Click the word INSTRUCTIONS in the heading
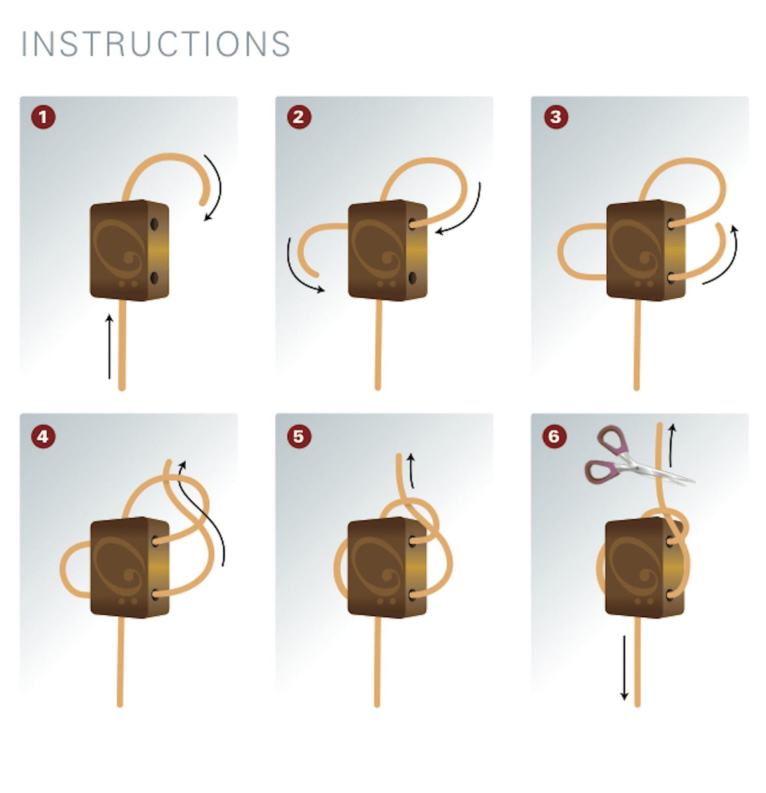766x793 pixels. click(156, 43)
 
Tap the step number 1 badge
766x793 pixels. click(43, 118)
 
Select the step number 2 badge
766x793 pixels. click(299, 118)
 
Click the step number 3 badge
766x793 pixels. click(555, 118)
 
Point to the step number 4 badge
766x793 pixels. click(43, 437)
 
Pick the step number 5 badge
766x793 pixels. click(299, 437)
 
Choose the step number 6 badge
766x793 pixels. click(554, 437)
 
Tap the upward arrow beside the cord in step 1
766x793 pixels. click(109, 346)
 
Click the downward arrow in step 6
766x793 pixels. click(624, 668)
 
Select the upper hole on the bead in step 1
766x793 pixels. click(154, 224)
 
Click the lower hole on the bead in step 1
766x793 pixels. click(154, 279)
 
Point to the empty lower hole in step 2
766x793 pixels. click(412, 279)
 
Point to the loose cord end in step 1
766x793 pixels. click(202, 202)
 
